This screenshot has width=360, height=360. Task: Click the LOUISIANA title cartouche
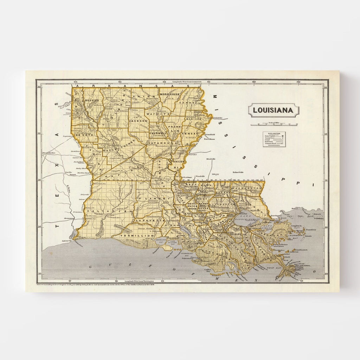click(x=274, y=110)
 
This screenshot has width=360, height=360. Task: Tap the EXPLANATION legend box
click(x=274, y=139)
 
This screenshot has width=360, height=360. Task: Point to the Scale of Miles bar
click(x=275, y=124)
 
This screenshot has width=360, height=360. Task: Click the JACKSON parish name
click(x=138, y=121)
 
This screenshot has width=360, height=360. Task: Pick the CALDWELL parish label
click(x=157, y=134)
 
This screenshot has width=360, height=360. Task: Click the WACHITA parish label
click(x=158, y=114)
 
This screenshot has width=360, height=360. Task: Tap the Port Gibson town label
click(x=210, y=139)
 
